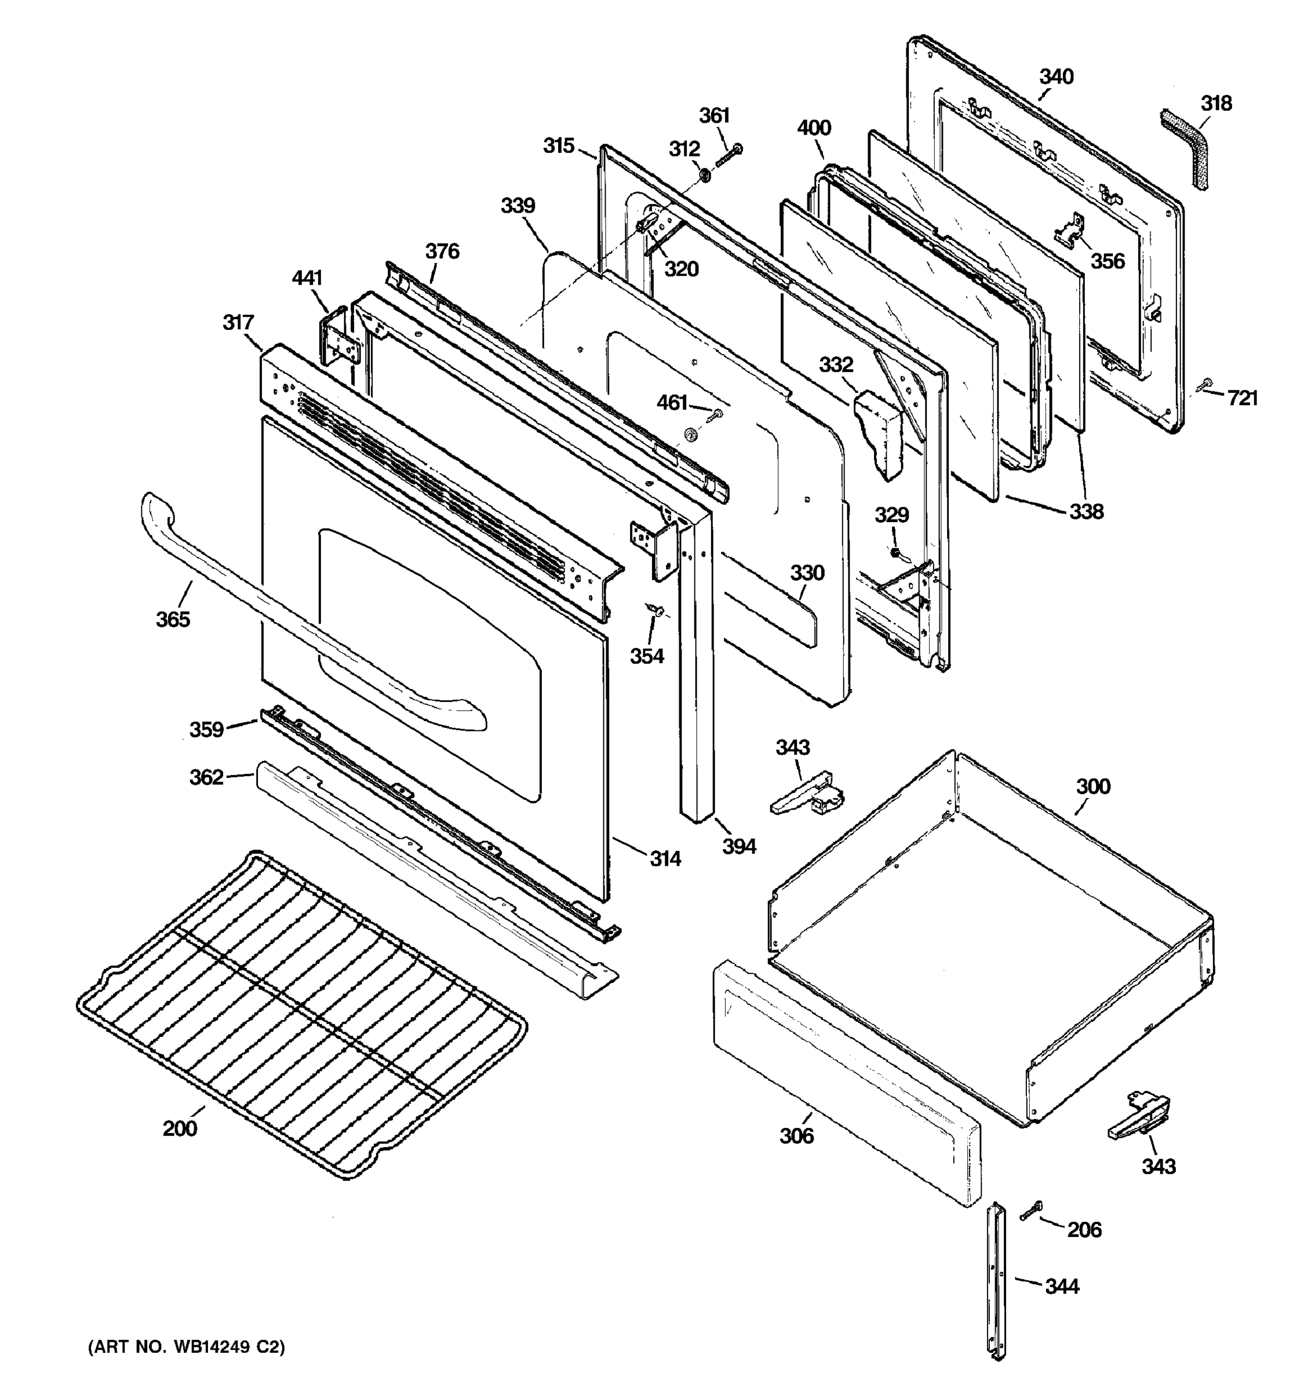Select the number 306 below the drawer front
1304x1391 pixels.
click(x=797, y=1135)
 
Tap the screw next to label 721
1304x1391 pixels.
click(x=1205, y=384)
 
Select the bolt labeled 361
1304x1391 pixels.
click(x=727, y=156)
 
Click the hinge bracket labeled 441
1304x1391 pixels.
click(x=341, y=338)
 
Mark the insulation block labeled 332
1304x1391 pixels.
click(x=879, y=433)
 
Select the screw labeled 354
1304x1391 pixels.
click(x=656, y=610)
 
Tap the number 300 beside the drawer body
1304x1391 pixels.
click(x=1092, y=786)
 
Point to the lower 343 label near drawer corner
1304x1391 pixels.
click(x=1159, y=1166)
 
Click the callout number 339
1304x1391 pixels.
click(x=518, y=206)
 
